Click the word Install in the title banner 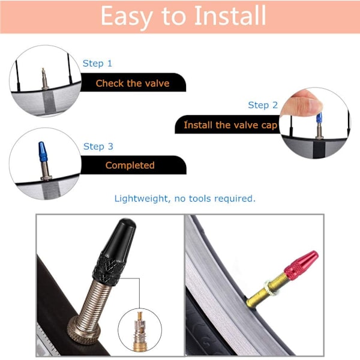point(230,16)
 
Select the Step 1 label point(97,64)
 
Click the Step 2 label point(263,105)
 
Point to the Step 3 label point(98,146)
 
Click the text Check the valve point(133,83)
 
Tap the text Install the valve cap point(230,125)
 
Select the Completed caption point(130,166)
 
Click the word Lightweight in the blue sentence point(141,199)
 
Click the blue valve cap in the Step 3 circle point(43,152)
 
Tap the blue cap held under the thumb point(319,118)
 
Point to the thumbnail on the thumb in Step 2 point(316,104)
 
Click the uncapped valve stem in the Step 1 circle point(44,79)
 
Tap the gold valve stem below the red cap point(267,290)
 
